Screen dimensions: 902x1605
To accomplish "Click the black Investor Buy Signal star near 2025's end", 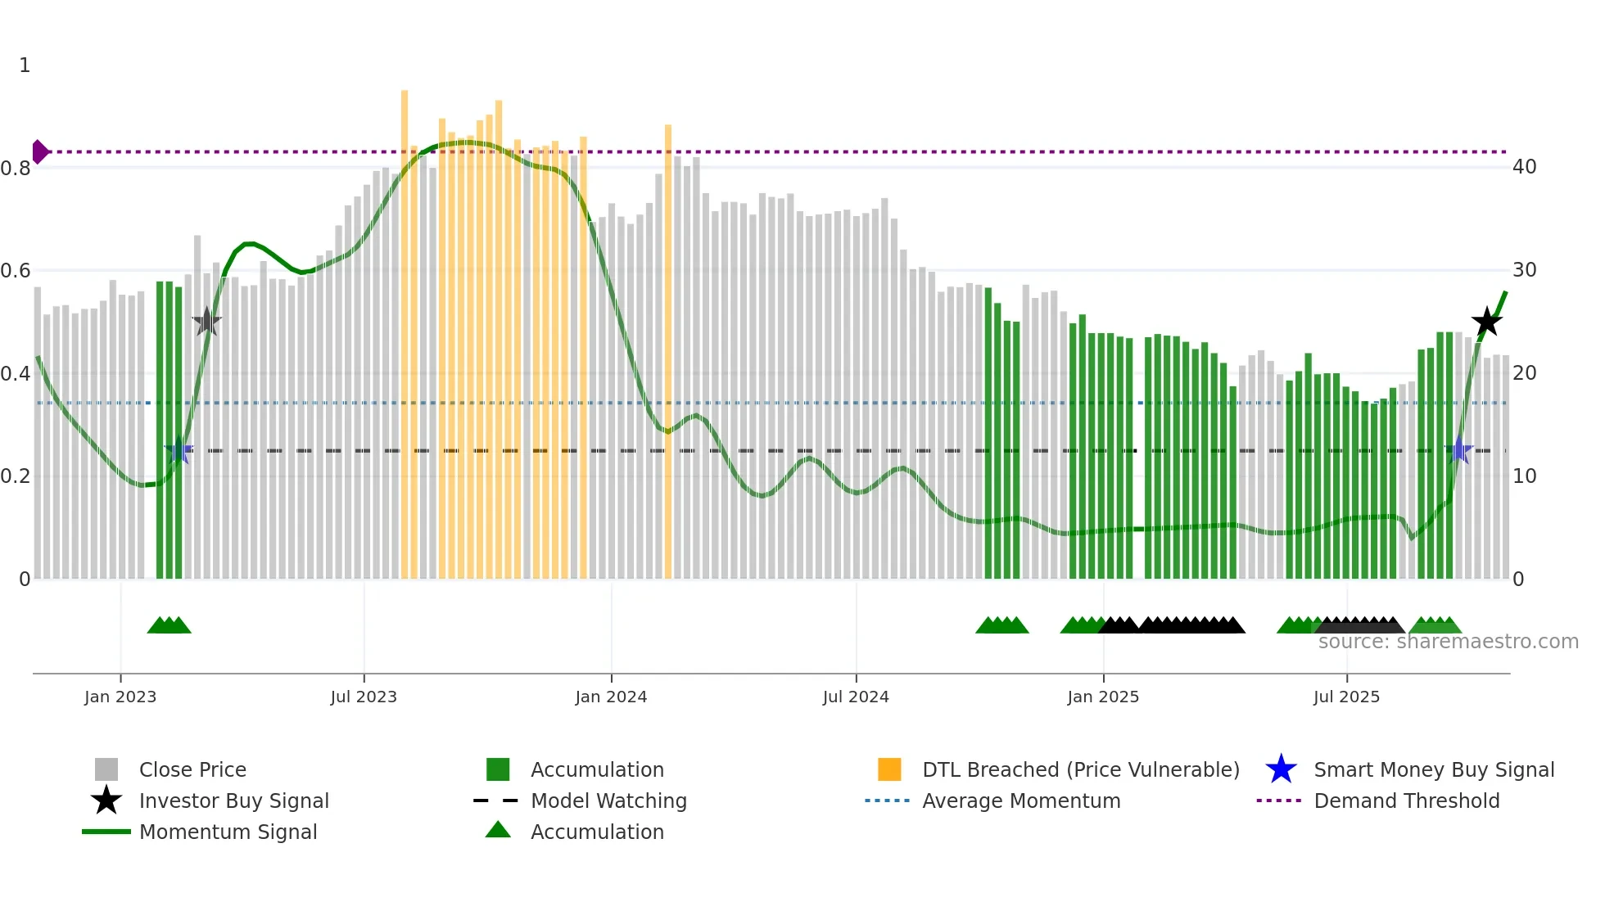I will pos(1486,322).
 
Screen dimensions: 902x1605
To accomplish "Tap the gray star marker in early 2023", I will pos(207,322).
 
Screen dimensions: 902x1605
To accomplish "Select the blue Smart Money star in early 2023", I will pos(179,451).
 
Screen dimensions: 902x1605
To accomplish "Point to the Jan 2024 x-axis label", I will pos(611,697).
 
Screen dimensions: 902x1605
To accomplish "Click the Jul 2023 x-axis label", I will pos(364,697).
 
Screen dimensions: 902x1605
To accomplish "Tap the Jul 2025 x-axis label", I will pos(1346,697).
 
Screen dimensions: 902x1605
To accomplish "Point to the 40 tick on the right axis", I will pos(1524,167).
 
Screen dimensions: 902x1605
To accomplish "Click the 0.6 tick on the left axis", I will pos(15,271).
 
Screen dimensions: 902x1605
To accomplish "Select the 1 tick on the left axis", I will pos(25,65).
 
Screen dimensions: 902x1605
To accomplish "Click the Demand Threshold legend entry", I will pos(1406,801).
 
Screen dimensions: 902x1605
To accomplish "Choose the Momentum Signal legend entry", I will pos(228,832).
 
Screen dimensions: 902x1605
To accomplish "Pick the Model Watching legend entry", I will pos(608,801).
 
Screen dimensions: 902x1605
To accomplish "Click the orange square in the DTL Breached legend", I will pos(889,769).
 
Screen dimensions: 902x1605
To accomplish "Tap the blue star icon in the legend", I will pos(1281,769).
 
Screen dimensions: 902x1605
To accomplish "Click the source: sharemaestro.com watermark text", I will pos(1448,642).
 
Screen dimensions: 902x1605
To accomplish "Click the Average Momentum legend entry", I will pos(1021,801).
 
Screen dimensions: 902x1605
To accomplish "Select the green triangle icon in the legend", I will pos(498,830).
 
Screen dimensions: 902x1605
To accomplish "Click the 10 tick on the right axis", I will pos(1524,476).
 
